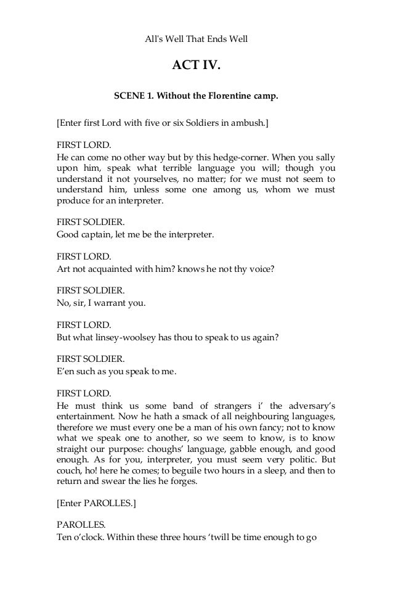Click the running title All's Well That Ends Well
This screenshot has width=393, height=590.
tap(196, 38)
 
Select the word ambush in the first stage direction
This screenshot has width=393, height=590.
tap(249, 122)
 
